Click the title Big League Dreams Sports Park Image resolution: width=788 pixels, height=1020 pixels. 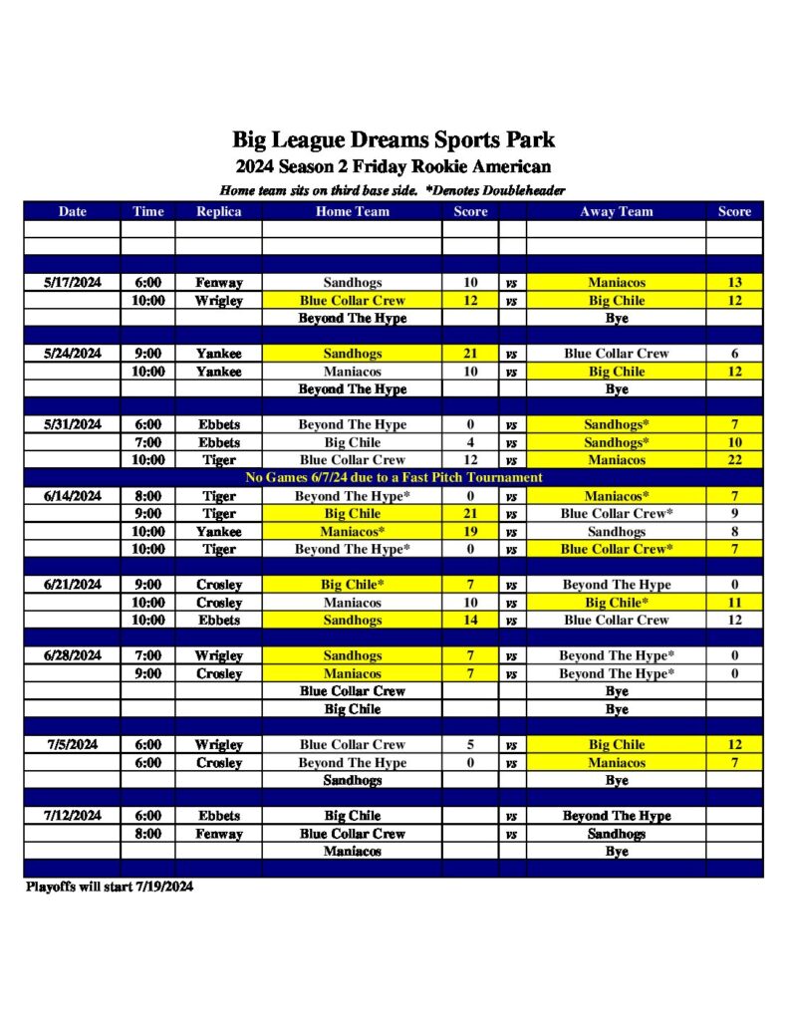tap(394, 139)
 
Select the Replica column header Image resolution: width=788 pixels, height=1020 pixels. tap(218, 211)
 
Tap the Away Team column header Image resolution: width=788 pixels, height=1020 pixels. tap(616, 211)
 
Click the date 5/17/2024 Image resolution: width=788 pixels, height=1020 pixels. tap(73, 283)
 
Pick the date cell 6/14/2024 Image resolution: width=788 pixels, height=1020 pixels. tap(73, 496)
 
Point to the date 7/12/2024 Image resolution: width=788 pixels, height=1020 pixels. tap(73, 816)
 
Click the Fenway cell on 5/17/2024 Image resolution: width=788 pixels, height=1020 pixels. tap(218, 283)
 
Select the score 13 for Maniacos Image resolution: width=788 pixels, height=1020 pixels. tap(734, 283)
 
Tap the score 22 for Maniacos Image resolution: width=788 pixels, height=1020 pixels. tap(734, 460)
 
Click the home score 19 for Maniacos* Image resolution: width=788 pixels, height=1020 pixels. tap(470, 532)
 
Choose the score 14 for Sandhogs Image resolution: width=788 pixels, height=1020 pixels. tap(470, 621)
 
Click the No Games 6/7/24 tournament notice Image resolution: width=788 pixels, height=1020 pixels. tap(394, 478)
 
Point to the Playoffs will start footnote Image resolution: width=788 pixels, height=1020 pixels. tap(109, 887)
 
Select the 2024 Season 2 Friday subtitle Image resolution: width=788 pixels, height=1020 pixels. tap(394, 166)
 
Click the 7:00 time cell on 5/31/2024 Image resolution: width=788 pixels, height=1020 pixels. tap(147, 442)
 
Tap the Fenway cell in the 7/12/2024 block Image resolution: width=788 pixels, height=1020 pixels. tap(218, 834)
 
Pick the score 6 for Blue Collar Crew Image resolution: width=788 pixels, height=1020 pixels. tap(734, 354)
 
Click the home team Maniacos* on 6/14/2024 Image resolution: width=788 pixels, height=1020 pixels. tap(352, 532)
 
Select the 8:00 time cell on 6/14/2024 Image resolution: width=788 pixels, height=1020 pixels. tap(147, 496)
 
